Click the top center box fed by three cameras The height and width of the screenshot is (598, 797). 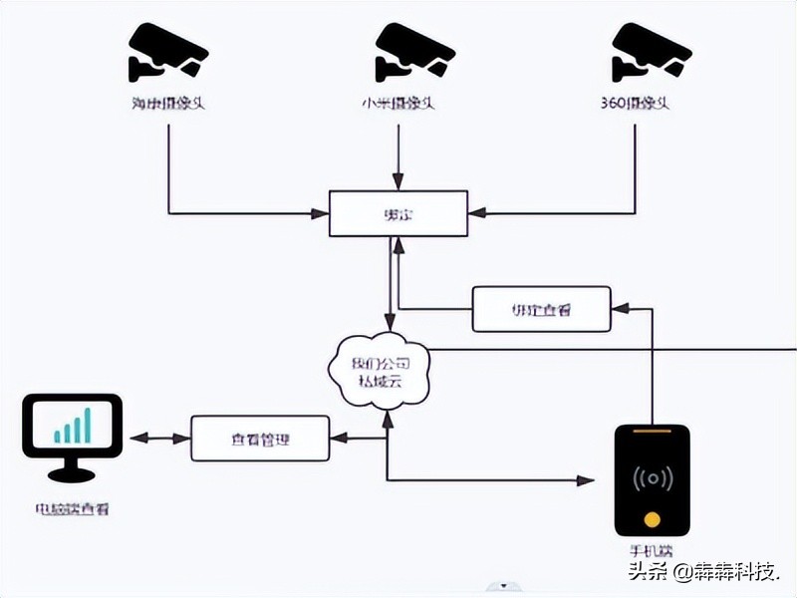coord(398,213)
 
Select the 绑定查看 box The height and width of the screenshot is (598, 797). coord(541,309)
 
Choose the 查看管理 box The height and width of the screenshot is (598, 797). coord(259,439)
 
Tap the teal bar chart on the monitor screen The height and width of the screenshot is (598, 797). coord(72,426)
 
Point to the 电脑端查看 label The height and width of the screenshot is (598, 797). coord(72,509)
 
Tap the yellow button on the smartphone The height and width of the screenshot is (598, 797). coord(652,518)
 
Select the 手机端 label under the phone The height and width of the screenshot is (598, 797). coord(652,551)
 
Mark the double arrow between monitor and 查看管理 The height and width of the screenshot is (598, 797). coord(159,439)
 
